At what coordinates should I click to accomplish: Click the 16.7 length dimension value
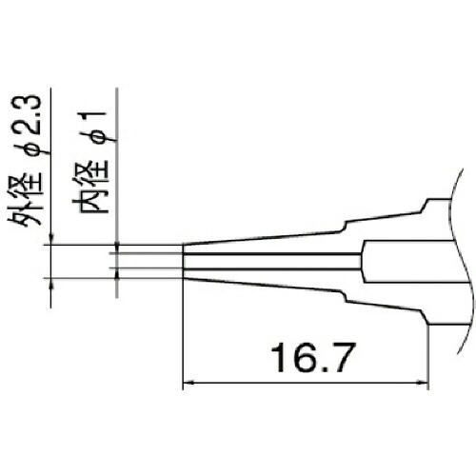[x=311, y=357]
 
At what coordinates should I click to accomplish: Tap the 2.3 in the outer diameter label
[x=26, y=114]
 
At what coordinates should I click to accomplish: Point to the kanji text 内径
[x=92, y=187]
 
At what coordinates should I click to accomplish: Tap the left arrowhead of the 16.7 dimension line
[x=188, y=383]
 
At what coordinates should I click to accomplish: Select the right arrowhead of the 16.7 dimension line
[x=423, y=383]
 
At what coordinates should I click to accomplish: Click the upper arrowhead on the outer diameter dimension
[x=51, y=240]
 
